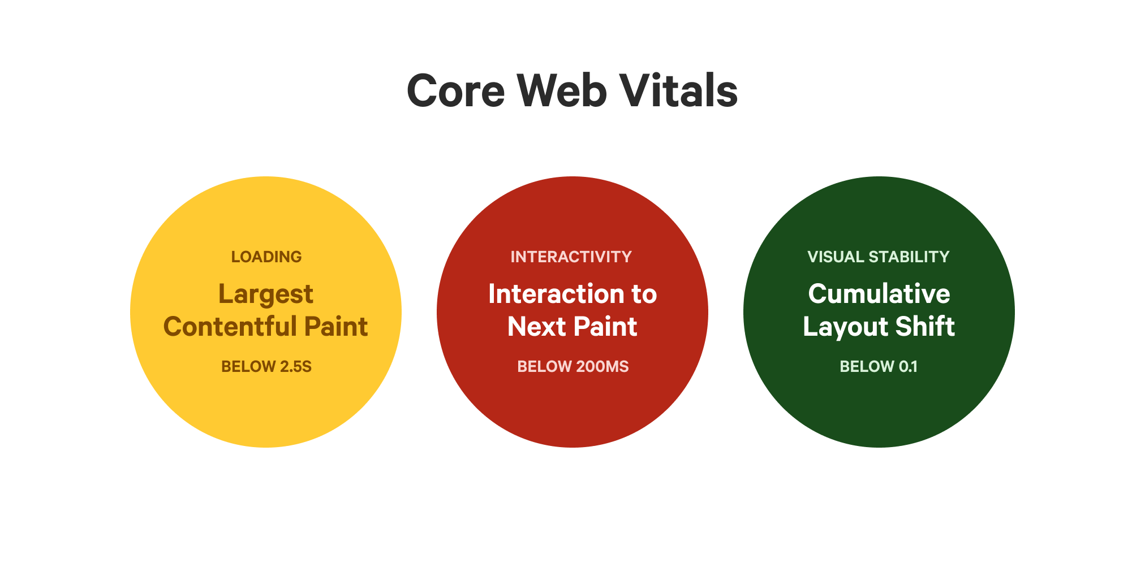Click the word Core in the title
(455, 91)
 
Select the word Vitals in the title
(678, 91)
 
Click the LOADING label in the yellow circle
(266, 257)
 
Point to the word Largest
(266, 294)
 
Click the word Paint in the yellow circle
(336, 327)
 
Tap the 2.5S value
(296, 367)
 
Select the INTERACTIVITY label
(571, 257)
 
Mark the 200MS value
(602, 367)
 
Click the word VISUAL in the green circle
(836, 257)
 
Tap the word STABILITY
(909, 257)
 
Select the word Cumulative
(879, 294)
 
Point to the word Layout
(838, 327)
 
